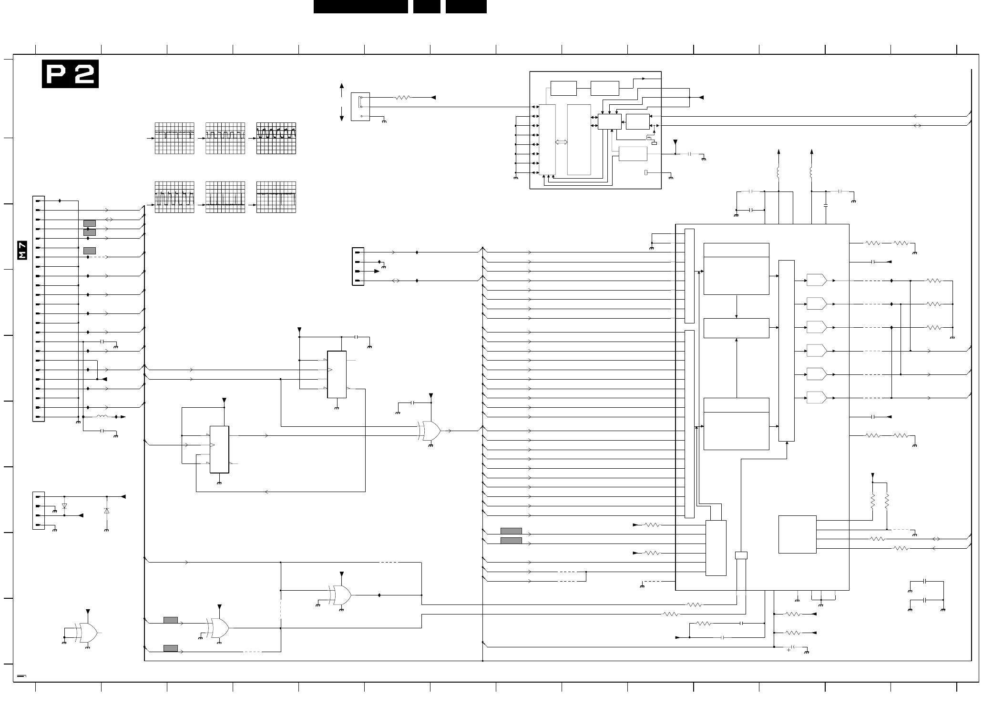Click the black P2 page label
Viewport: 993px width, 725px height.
(x=70, y=74)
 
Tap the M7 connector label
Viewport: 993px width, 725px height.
(x=22, y=250)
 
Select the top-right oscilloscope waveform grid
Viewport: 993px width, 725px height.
(x=276, y=138)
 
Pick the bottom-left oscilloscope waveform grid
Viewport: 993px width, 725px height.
(x=174, y=197)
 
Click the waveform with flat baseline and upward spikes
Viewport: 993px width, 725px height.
(x=225, y=197)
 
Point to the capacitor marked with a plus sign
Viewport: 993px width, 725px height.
(x=792, y=647)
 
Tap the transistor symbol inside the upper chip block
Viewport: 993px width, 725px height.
(x=649, y=138)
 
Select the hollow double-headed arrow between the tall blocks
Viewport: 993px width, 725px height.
(x=562, y=142)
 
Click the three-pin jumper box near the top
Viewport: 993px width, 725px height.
(x=360, y=107)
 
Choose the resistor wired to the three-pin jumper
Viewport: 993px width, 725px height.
(x=403, y=98)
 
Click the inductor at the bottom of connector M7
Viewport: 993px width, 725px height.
(x=102, y=417)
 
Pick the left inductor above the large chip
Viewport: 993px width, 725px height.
(x=778, y=172)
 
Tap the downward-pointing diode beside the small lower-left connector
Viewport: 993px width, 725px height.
(x=64, y=506)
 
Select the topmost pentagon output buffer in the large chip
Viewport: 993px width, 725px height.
(x=817, y=280)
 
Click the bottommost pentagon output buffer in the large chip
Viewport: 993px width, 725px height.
(x=817, y=397)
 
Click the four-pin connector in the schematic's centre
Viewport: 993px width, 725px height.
(x=358, y=266)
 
